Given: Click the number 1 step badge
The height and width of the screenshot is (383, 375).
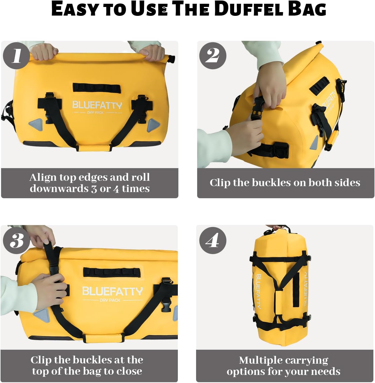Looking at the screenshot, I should coord(16,56).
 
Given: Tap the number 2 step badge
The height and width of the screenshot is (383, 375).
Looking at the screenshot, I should coord(213,56).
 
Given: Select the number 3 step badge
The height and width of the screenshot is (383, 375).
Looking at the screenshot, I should coord(16,240).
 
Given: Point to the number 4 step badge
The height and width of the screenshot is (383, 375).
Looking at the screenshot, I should coord(213,240).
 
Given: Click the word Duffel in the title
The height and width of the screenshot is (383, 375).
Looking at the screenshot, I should coord(249,9).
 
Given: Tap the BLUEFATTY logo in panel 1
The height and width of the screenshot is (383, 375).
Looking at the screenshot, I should coord(97,105).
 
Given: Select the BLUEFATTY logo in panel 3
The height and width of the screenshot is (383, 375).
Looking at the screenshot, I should coord(112,291).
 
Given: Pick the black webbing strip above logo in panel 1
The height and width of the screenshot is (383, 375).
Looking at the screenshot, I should coord(96,87).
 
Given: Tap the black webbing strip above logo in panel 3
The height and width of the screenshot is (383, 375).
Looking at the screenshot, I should coord(112,272).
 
